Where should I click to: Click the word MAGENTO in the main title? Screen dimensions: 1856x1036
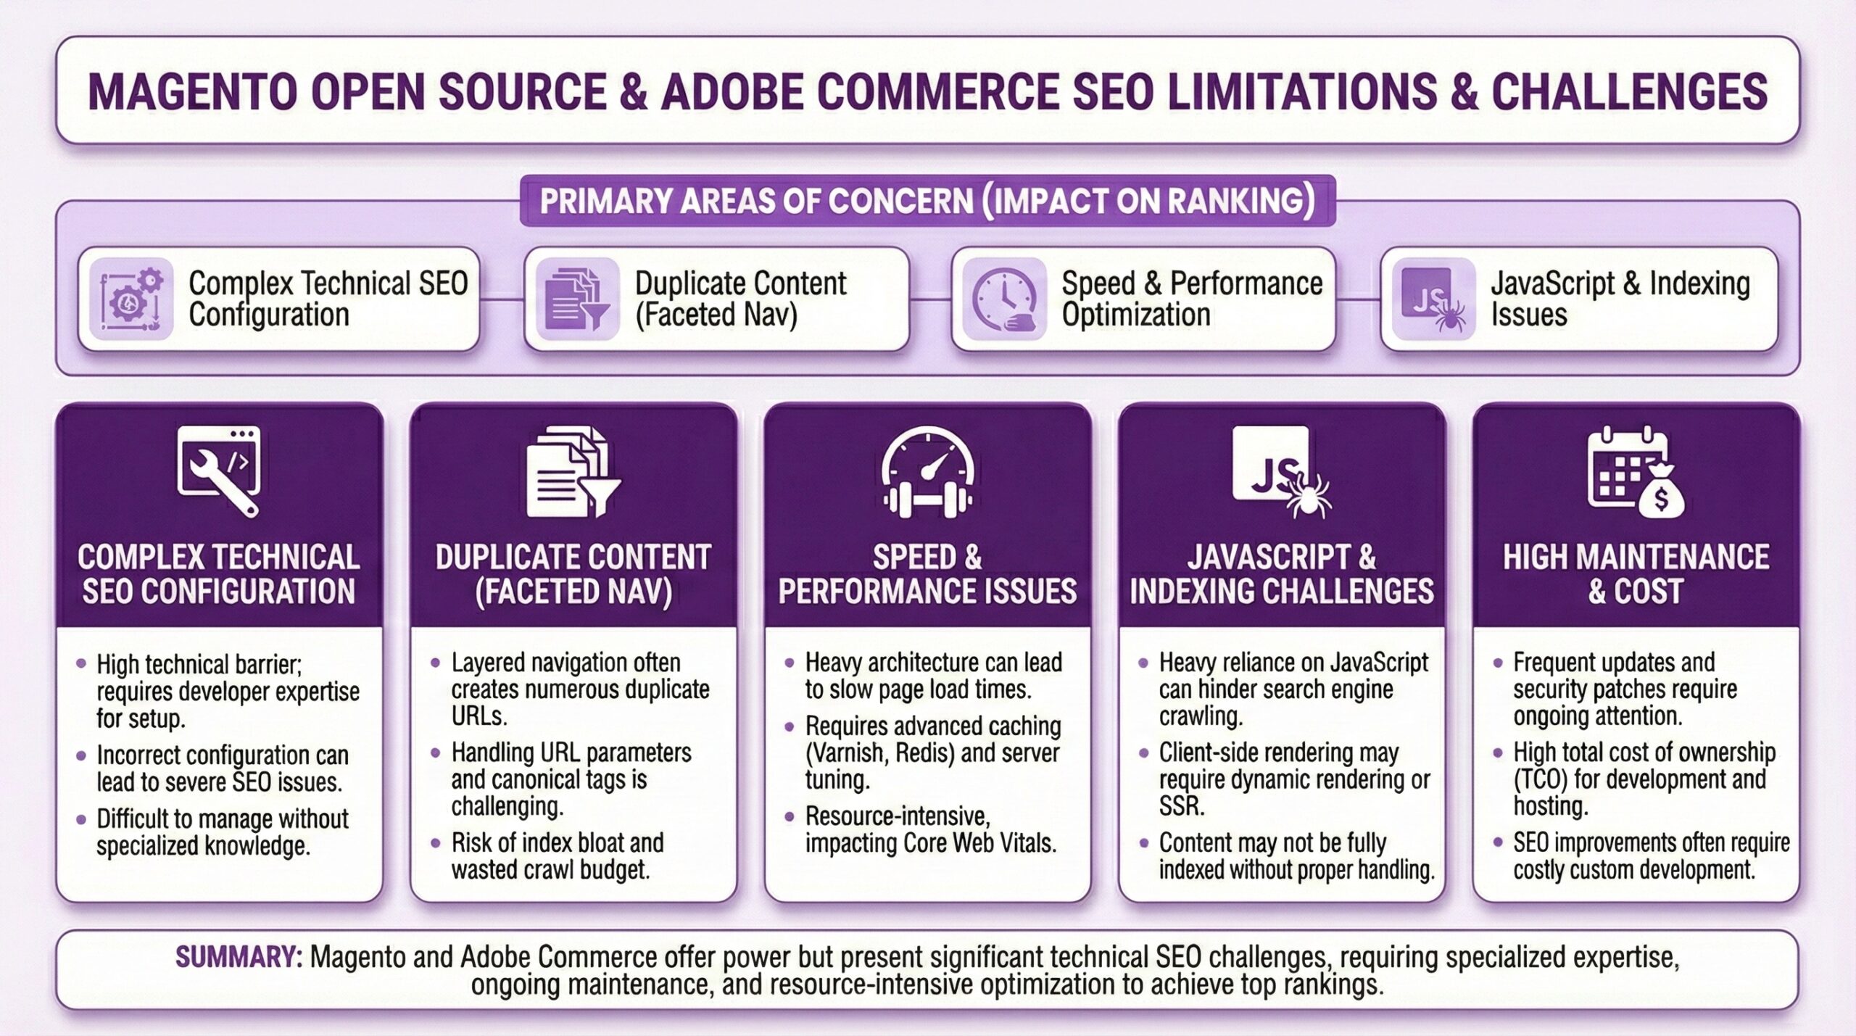(x=193, y=92)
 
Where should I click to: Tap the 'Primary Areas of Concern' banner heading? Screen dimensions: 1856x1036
(x=927, y=201)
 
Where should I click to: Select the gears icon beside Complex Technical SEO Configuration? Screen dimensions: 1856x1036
(x=131, y=299)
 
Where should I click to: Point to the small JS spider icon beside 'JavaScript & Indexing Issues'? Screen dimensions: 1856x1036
(x=1434, y=299)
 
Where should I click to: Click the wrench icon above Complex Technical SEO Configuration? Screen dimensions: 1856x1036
(x=219, y=471)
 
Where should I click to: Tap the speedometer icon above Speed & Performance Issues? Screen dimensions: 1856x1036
(x=927, y=471)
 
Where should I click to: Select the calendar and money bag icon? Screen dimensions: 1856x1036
(x=1636, y=471)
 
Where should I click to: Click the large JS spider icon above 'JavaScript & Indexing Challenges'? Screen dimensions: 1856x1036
(x=1282, y=471)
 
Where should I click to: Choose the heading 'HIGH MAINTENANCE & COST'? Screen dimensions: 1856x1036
(x=1636, y=574)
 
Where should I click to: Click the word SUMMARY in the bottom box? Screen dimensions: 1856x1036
(x=239, y=957)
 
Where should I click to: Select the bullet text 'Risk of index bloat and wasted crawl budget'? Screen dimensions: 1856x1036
(x=558, y=856)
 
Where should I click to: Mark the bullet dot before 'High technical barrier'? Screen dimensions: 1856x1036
(x=81, y=663)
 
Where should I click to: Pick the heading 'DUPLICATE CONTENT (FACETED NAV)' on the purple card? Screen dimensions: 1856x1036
(x=573, y=574)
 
